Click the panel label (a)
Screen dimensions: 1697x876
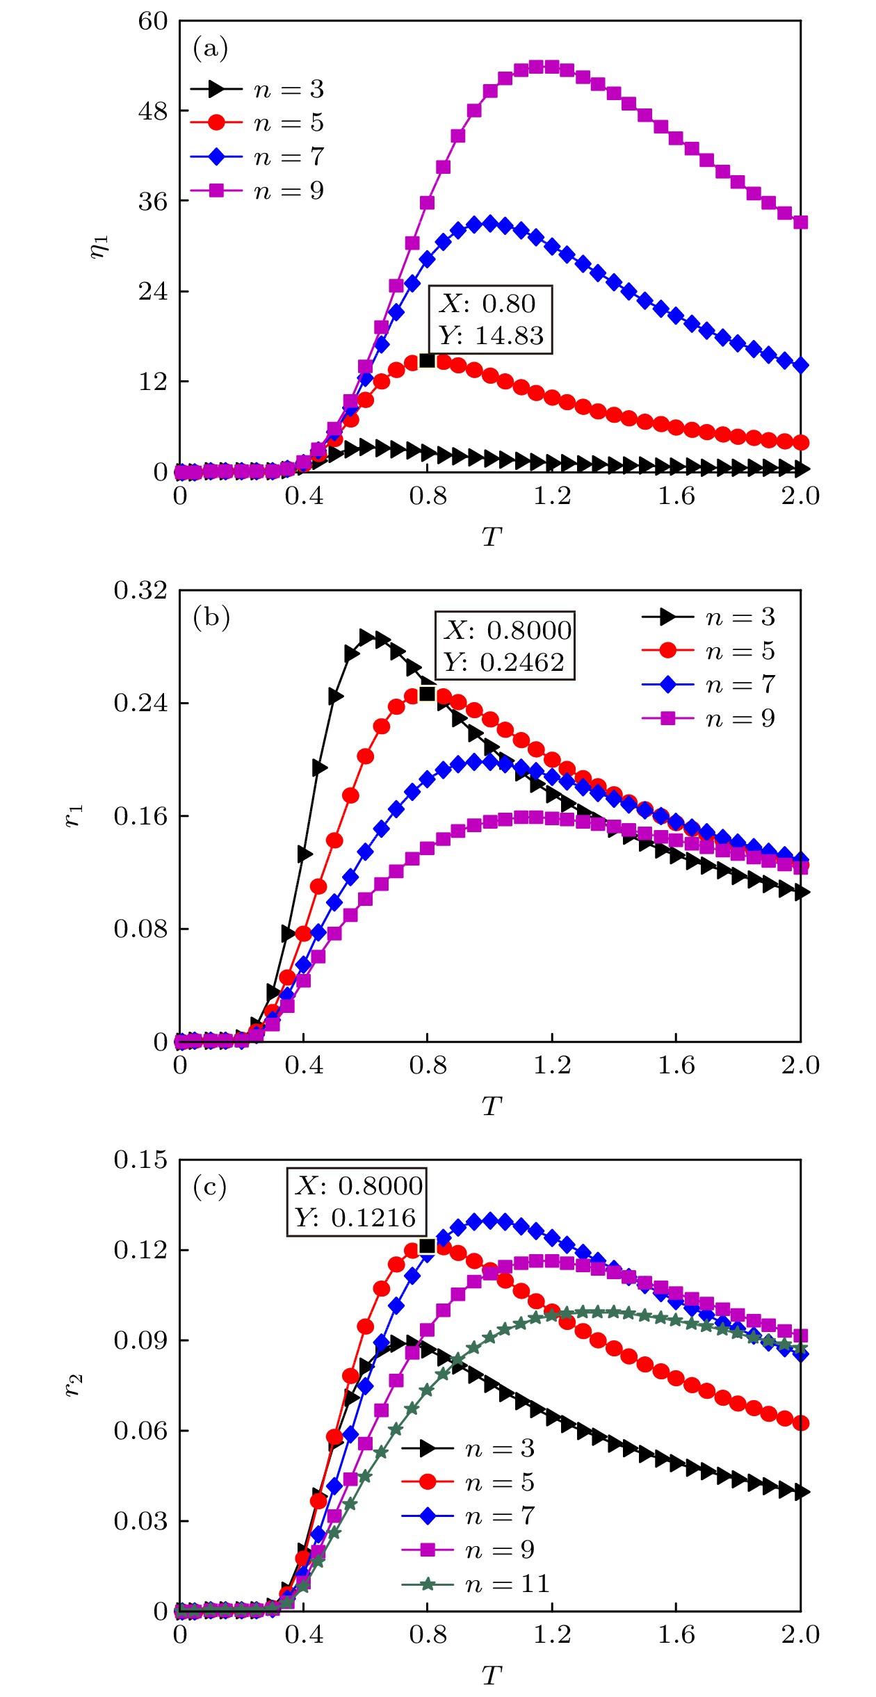click(210, 49)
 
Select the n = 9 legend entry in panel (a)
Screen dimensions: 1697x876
click(257, 190)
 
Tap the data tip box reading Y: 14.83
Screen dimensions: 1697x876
click(490, 320)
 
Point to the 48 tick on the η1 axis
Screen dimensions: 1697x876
click(153, 111)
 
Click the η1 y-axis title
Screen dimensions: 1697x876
click(99, 246)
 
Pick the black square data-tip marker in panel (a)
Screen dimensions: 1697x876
click(427, 360)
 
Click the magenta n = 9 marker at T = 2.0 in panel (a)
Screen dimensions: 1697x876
click(800, 222)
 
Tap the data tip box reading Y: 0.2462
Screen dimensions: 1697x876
click(505, 645)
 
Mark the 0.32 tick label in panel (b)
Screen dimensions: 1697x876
click(140, 590)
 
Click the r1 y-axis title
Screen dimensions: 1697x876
click(74, 815)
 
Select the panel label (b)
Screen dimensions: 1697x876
click(211, 617)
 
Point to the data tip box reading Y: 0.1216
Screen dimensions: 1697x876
click(357, 1201)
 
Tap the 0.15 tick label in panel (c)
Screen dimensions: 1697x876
click(140, 1160)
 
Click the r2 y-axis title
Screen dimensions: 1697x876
click(74, 1385)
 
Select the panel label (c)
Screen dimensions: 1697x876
click(210, 1187)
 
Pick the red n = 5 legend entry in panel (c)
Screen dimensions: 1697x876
click(468, 1481)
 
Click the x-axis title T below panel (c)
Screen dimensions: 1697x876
click(491, 1676)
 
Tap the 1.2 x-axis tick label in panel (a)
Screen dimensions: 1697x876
click(552, 496)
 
